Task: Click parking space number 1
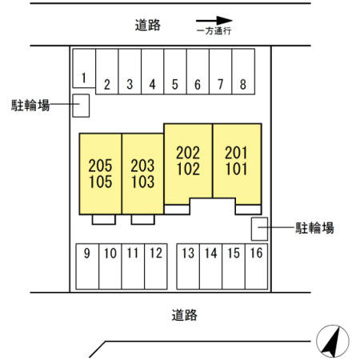pos(84,68)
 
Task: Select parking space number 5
pos(175,71)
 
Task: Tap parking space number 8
pos(243,71)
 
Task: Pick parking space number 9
pos(87,266)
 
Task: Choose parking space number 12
pos(156,266)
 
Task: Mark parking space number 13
pos(188,266)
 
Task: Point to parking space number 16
pos(256,266)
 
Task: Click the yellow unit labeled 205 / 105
pos(100,174)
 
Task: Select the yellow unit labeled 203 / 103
pos(142,174)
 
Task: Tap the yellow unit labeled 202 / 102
pos(188,162)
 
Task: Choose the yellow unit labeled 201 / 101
pos(237,162)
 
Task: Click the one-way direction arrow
pos(214,21)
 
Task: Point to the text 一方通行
pos(214,31)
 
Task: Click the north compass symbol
pos(333,342)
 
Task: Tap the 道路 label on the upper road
pos(147,26)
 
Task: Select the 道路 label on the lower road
pos(184,315)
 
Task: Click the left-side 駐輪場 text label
pos(30,105)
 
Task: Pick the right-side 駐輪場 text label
pos(314,228)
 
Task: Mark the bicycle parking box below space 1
pos(81,106)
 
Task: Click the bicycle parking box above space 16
pos(259,229)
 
